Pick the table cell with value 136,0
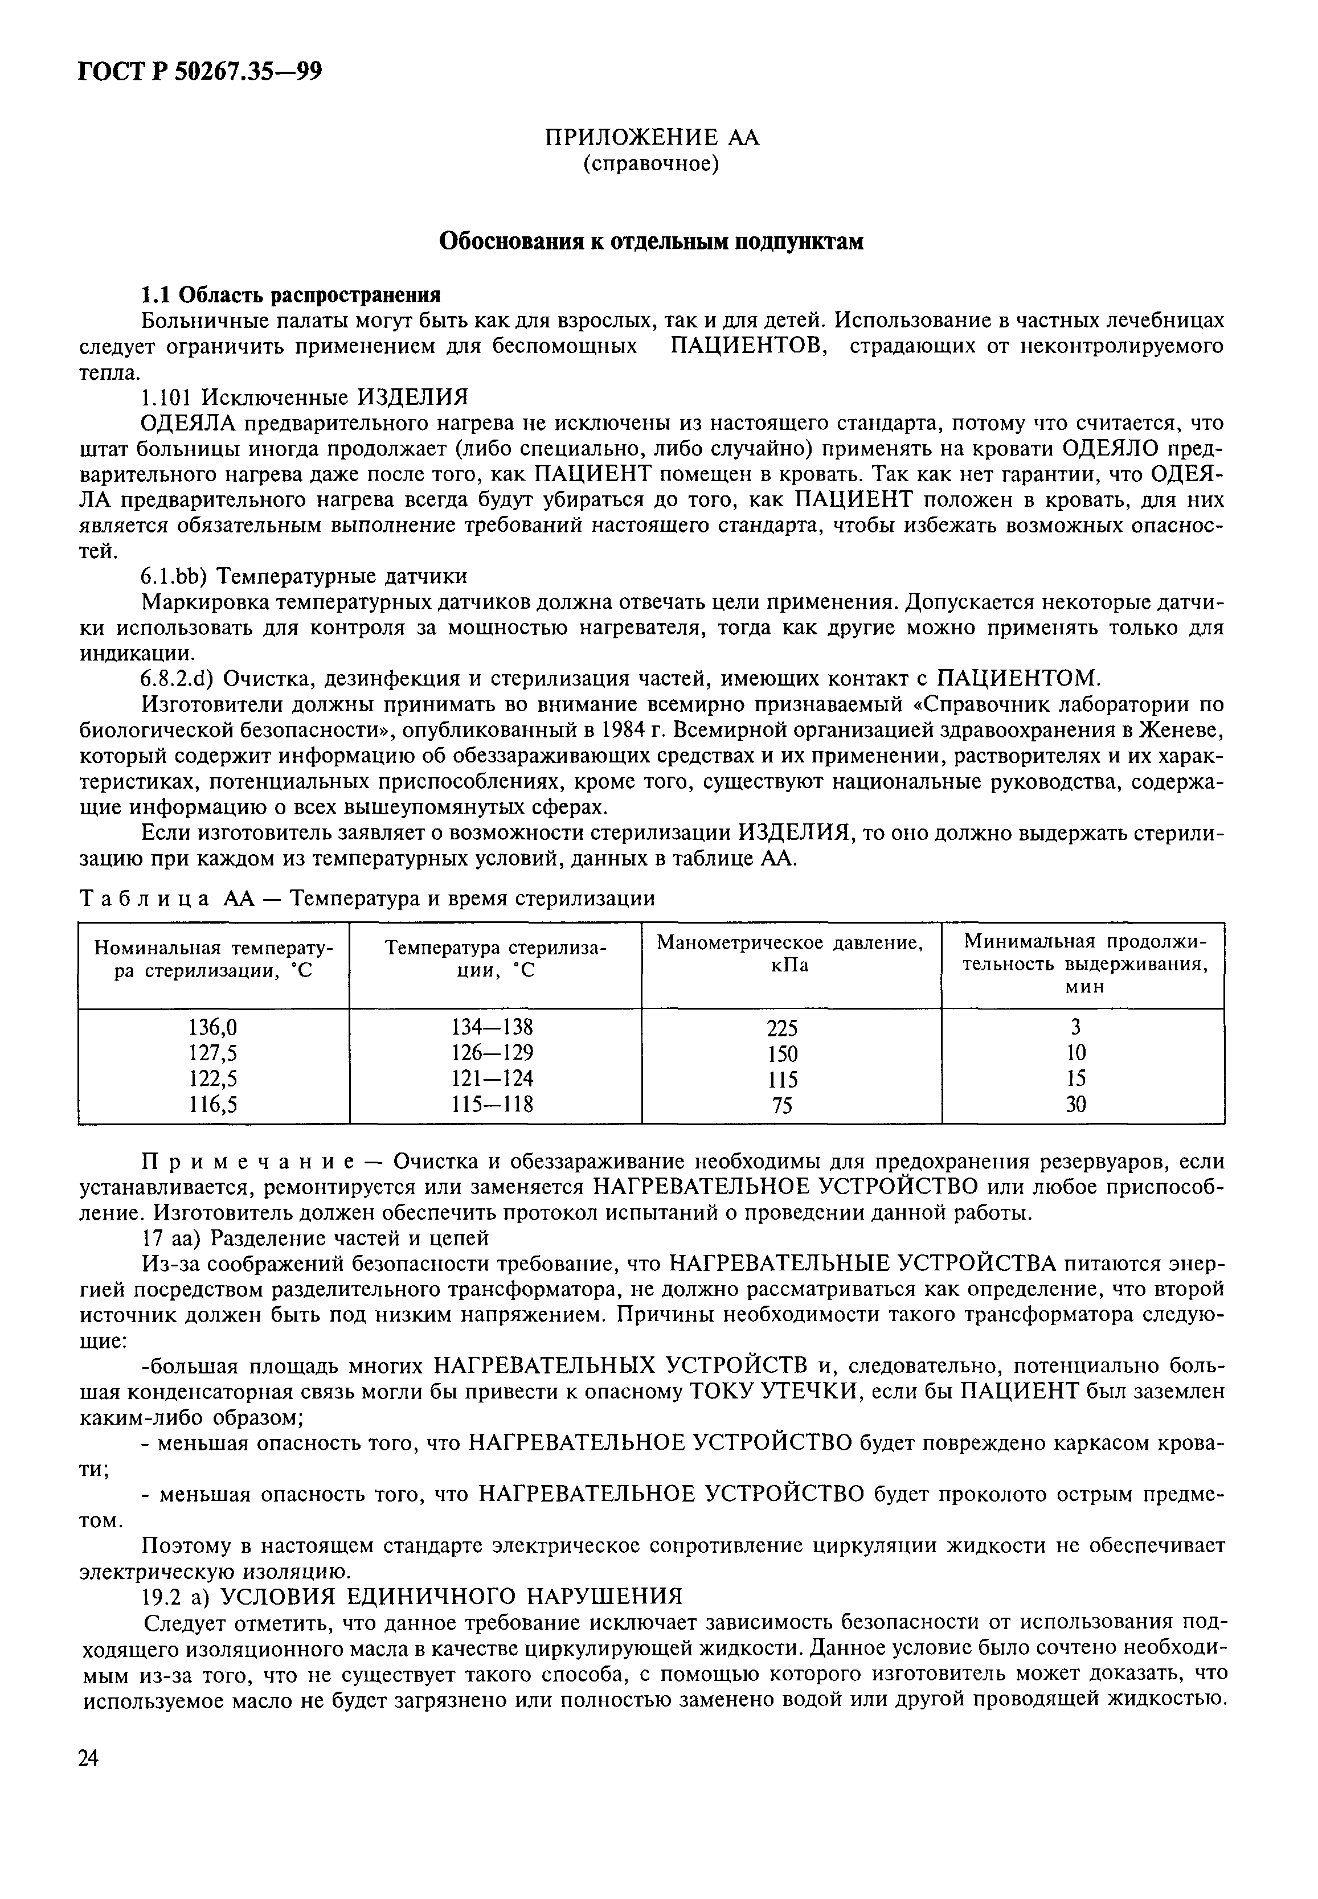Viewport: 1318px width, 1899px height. pos(213,1027)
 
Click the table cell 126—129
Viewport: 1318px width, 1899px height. pos(493,1053)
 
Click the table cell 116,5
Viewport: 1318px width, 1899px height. pos(213,1104)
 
